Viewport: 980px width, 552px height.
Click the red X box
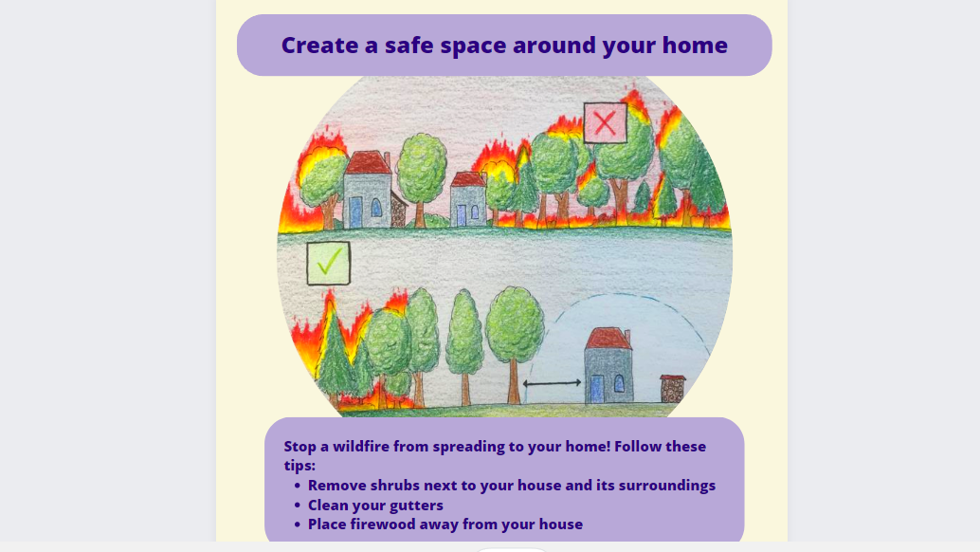605,123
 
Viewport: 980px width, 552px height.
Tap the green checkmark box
329,263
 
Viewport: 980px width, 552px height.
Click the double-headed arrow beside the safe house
552,383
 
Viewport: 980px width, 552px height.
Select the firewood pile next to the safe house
673,389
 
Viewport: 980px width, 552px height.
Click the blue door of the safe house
597,389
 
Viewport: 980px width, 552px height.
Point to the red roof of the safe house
608,339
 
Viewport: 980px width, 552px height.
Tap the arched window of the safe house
619,383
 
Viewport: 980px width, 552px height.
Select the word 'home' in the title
695,45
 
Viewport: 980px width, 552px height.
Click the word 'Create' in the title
319,45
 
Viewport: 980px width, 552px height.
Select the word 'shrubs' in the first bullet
394,485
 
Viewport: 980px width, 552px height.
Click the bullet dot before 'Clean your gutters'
297,506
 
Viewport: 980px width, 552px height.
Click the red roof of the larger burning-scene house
368,162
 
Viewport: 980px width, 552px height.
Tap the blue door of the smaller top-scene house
462,215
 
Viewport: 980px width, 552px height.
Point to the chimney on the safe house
627,339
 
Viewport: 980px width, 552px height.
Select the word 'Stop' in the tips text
300,447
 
